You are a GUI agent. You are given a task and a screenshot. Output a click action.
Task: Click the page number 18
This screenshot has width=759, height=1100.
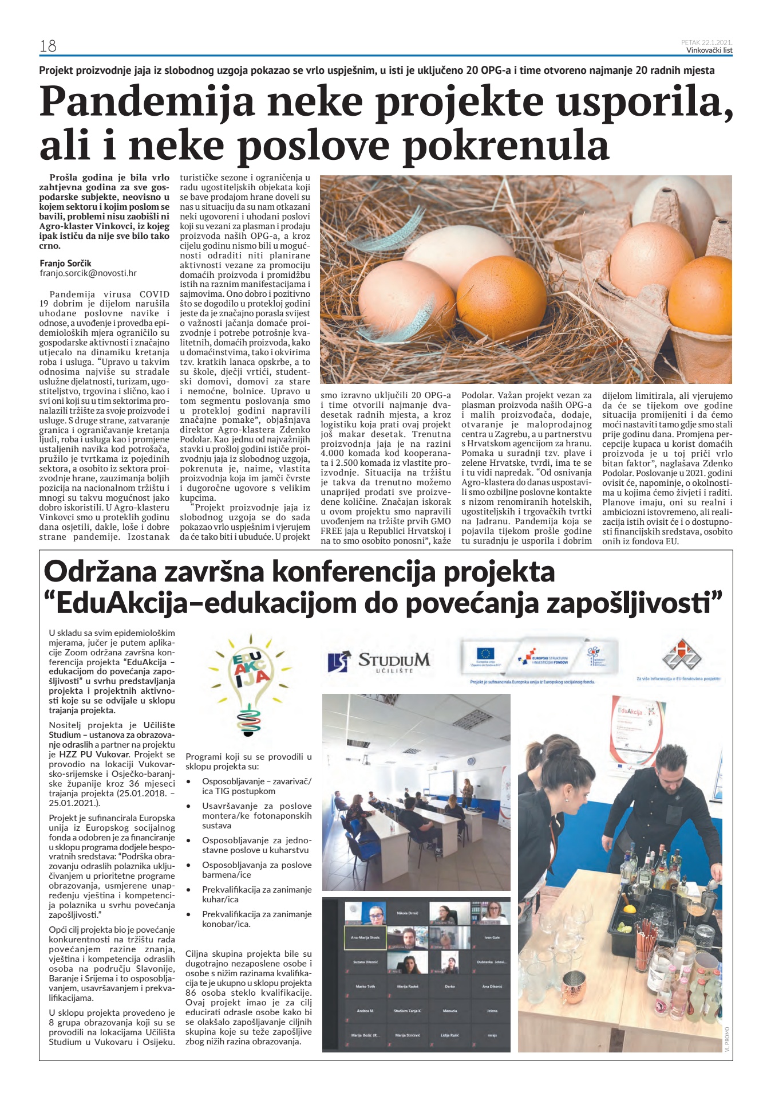click(48, 46)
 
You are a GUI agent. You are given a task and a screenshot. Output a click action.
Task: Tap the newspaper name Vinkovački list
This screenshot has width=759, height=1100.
click(709, 50)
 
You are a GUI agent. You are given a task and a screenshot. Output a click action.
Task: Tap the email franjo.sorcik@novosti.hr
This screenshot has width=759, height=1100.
click(88, 274)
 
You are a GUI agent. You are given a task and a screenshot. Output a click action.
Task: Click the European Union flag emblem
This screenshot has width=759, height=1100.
click(486, 653)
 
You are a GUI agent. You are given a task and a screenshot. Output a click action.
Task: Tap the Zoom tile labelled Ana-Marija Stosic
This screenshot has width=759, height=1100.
click(365, 938)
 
